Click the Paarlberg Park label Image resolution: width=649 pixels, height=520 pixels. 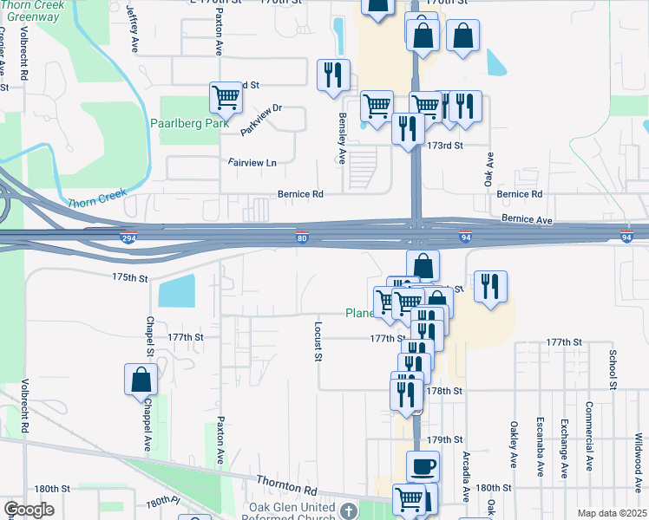188,124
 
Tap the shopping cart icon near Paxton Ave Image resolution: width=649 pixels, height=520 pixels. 226,97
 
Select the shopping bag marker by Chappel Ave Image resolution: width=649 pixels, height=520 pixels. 141,380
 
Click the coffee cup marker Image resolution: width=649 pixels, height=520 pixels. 423,467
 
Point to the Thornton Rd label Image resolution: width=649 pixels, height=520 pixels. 287,484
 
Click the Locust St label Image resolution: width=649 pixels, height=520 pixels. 318,341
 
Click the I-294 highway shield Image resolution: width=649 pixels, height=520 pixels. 128,237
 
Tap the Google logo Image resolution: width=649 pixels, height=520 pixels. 29,510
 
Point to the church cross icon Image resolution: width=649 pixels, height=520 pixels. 348,511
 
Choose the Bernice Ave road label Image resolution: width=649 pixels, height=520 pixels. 526,221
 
